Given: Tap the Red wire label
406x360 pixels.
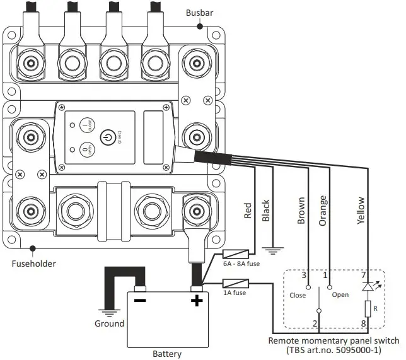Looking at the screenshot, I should pos(248,211).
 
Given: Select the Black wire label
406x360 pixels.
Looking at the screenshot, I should pos(265,211).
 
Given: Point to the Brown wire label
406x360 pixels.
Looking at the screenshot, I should pos(301,211).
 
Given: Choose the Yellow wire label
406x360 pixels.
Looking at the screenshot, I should pos(360,211).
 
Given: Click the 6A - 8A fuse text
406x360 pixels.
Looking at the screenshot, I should pos(240,265).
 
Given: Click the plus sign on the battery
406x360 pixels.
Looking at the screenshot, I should pos(197,300).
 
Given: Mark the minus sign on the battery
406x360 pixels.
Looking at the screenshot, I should pos(140,300).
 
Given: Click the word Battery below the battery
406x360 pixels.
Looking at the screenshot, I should pos(168,354).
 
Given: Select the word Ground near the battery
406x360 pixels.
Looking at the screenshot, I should pos(109,323).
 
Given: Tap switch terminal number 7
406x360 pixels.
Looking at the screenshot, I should pos(362,276).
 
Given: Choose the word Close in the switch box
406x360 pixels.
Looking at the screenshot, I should pos(298,294).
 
